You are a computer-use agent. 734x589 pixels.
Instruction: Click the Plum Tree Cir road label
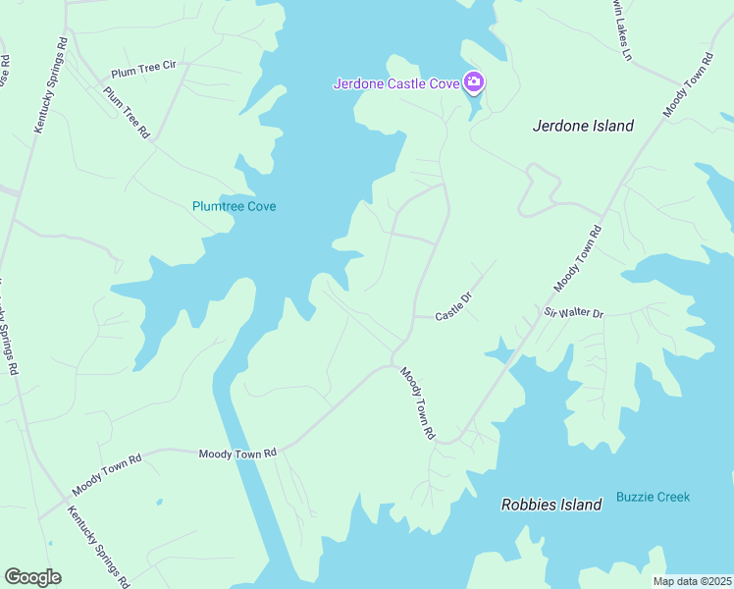pyautogui.click(x=143, y=68)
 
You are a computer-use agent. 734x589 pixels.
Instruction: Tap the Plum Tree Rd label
pyautogui.click(x=127, y=111)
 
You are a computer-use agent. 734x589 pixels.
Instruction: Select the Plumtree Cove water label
pyautogui.click(x=234, y=206)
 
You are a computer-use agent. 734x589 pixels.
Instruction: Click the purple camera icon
pyautogui.click(x=474, y=81)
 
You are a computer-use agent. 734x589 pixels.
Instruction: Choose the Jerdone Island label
pyautogui.click(x=583, y=126)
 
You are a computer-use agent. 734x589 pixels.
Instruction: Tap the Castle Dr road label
pyautogui.click(x=454, y=305)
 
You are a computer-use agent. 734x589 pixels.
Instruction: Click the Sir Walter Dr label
pyautogui.click(x=574, y=312)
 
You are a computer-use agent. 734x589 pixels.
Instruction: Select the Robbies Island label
pyautogui.click(x=550, y=505)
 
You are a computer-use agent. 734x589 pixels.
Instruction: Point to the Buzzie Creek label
pyautogui.click(x=653, y=497)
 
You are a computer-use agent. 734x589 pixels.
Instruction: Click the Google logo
pyautogui.click(x=32, y=577)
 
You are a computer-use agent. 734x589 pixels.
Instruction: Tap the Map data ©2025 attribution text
pyautogui.click(x=692, y=581)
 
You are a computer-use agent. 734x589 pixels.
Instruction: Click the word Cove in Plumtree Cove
pyautogui.click(x=261, y=206)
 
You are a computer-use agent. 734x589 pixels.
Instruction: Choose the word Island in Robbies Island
pyautogui.click(x=579, y=505)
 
